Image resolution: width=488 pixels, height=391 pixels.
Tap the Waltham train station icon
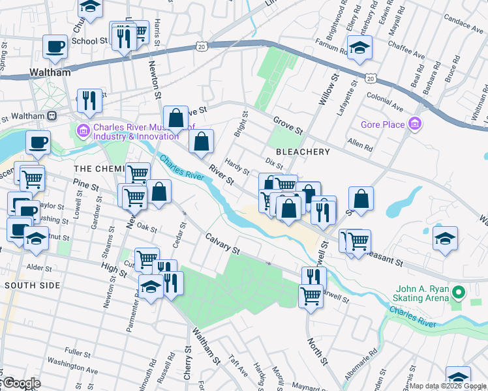coord(52,115)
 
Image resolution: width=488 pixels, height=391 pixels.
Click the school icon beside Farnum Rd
coord(359,48)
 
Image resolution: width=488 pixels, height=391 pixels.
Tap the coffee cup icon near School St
coord(55,47)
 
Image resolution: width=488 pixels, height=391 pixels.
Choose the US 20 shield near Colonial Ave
coord(371,78)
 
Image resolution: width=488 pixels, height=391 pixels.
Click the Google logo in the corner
coord(21,383)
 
